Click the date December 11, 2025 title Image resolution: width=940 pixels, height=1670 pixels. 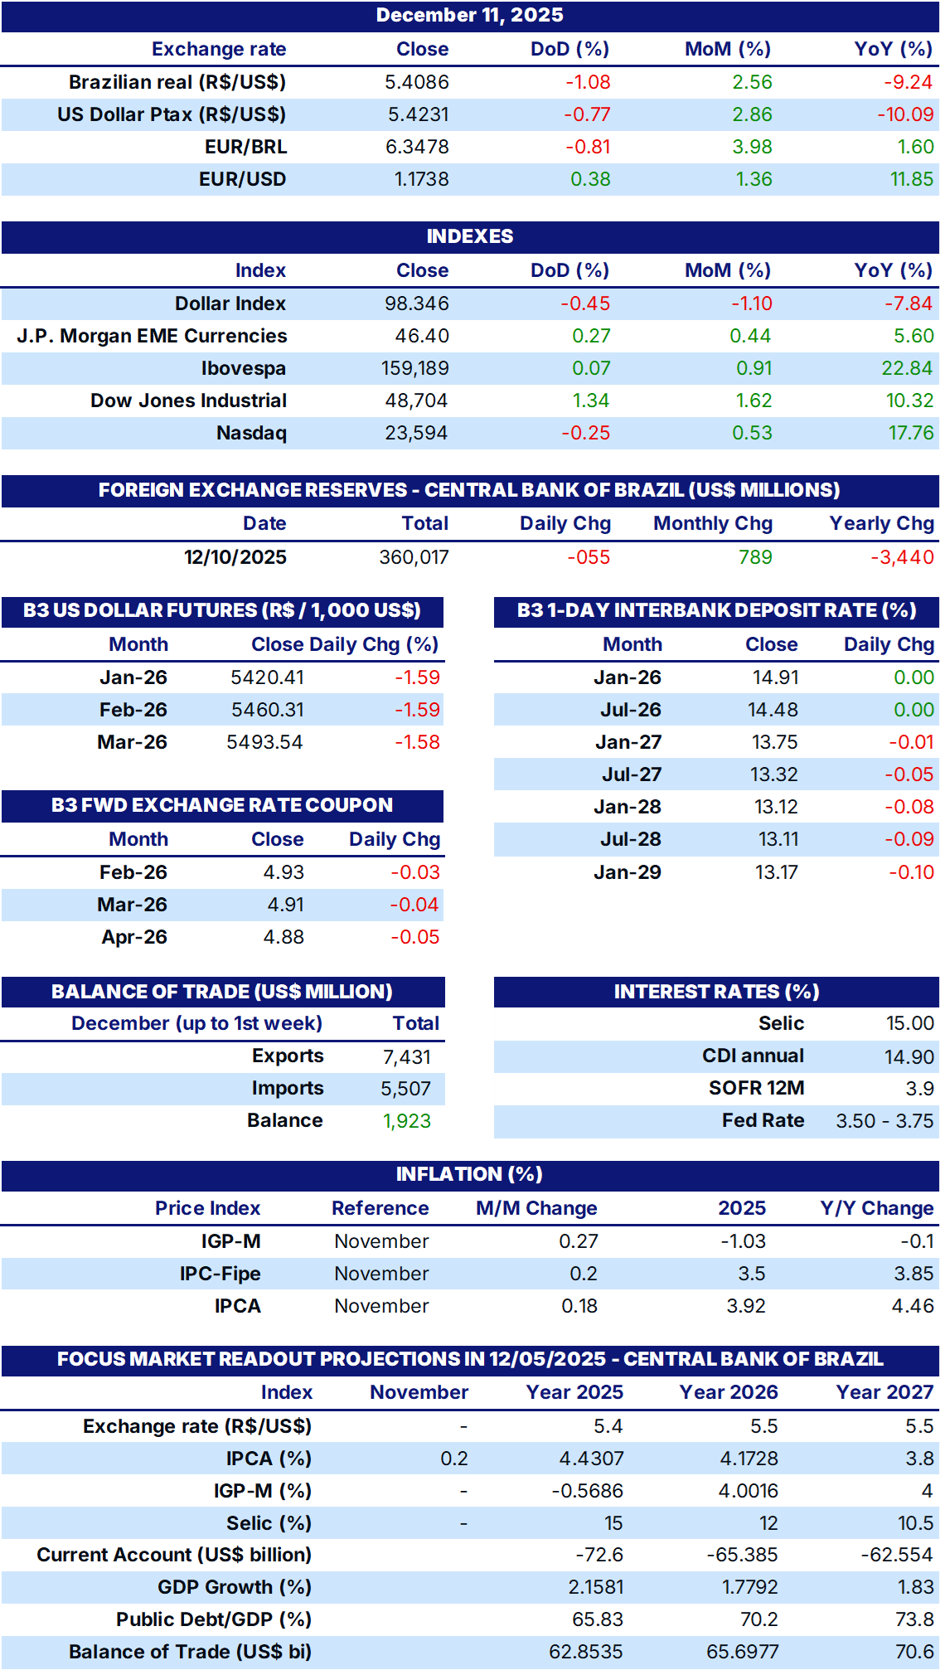(469, 15)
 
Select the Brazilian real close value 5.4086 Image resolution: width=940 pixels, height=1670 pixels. (417, 82)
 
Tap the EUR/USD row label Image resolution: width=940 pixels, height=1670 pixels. (242, 179)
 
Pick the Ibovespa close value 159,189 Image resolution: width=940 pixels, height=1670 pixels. (414, 368)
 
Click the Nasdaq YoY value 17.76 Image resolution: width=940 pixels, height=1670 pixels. (911, 433)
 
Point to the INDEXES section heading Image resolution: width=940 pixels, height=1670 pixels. (469, 236)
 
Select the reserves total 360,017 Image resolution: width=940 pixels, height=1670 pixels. (414, 557)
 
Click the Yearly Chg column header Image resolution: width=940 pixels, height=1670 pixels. (881, 523)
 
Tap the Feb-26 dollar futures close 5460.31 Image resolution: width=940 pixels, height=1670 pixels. (267, 710)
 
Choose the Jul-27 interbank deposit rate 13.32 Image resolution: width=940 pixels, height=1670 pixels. (774, 774)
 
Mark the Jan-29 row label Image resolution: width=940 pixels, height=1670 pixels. (627, 872)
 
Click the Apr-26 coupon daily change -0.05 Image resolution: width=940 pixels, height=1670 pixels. (414, 937)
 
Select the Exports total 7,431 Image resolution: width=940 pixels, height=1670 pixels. (407, 1056)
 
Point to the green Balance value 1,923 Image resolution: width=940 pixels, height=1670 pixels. (407, 1121)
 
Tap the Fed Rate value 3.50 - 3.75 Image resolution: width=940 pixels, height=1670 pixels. (884, 1121)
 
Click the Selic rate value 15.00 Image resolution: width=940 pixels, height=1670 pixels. (910, 1023)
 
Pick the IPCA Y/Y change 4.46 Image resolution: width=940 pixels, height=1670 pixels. (913, 1306)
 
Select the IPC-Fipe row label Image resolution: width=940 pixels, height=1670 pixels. (220, 1274)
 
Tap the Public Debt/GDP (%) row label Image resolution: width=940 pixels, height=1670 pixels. (214, 1619)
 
